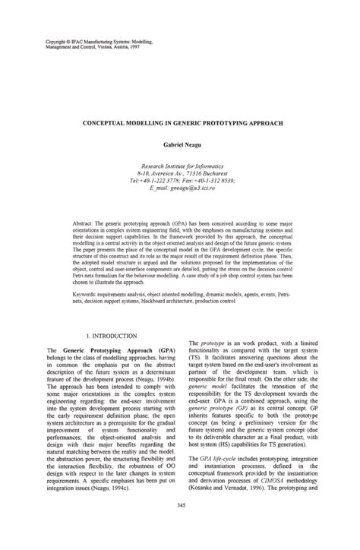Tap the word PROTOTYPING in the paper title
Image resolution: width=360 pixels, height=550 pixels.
click(218, 120)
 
